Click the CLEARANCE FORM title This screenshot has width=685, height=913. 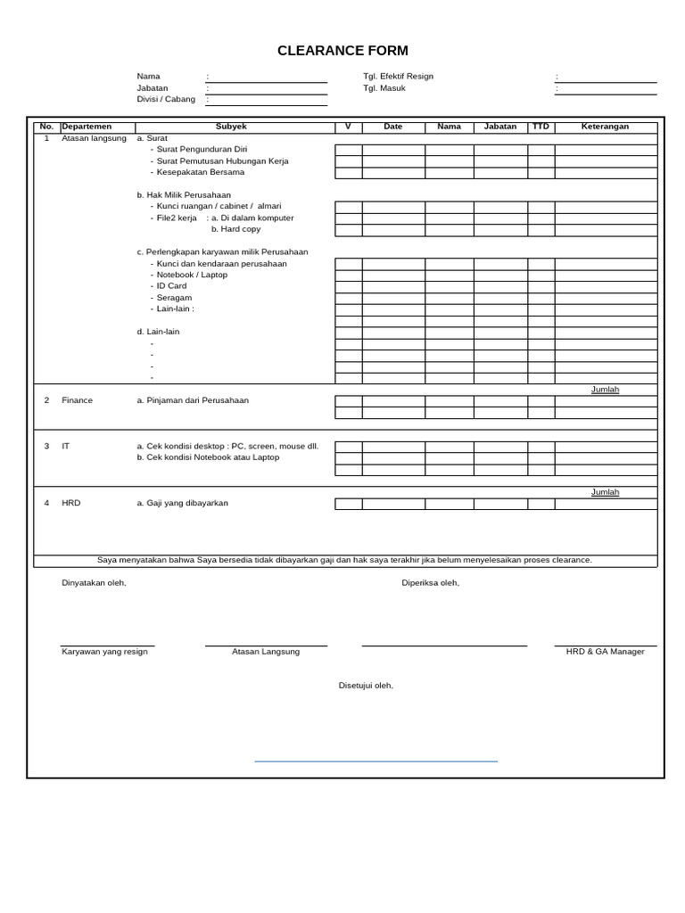[342, 51]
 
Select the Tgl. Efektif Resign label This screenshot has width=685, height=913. [398, 77]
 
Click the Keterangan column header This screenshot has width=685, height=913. [605, 127]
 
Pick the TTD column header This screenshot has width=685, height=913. [541, 127]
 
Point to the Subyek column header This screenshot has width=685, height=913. [231, 127]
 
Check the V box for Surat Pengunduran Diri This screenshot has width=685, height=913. [348, 150]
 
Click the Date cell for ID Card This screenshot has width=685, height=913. [393, 286]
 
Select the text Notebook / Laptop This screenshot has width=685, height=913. [192, 275]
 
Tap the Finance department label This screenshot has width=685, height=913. [77, 400]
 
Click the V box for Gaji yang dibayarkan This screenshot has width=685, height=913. [348, 504]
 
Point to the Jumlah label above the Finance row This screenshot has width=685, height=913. [605, 390]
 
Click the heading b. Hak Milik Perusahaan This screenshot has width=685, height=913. [184, 194]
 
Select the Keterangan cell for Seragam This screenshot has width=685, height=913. [606, 298]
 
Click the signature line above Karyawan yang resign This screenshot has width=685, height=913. [107, 646]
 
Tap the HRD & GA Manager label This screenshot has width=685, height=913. [605, 652]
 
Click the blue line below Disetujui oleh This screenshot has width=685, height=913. [376, 761]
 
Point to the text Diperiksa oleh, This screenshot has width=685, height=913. [430, 583]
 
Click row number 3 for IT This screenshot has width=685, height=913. [46, 446]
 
